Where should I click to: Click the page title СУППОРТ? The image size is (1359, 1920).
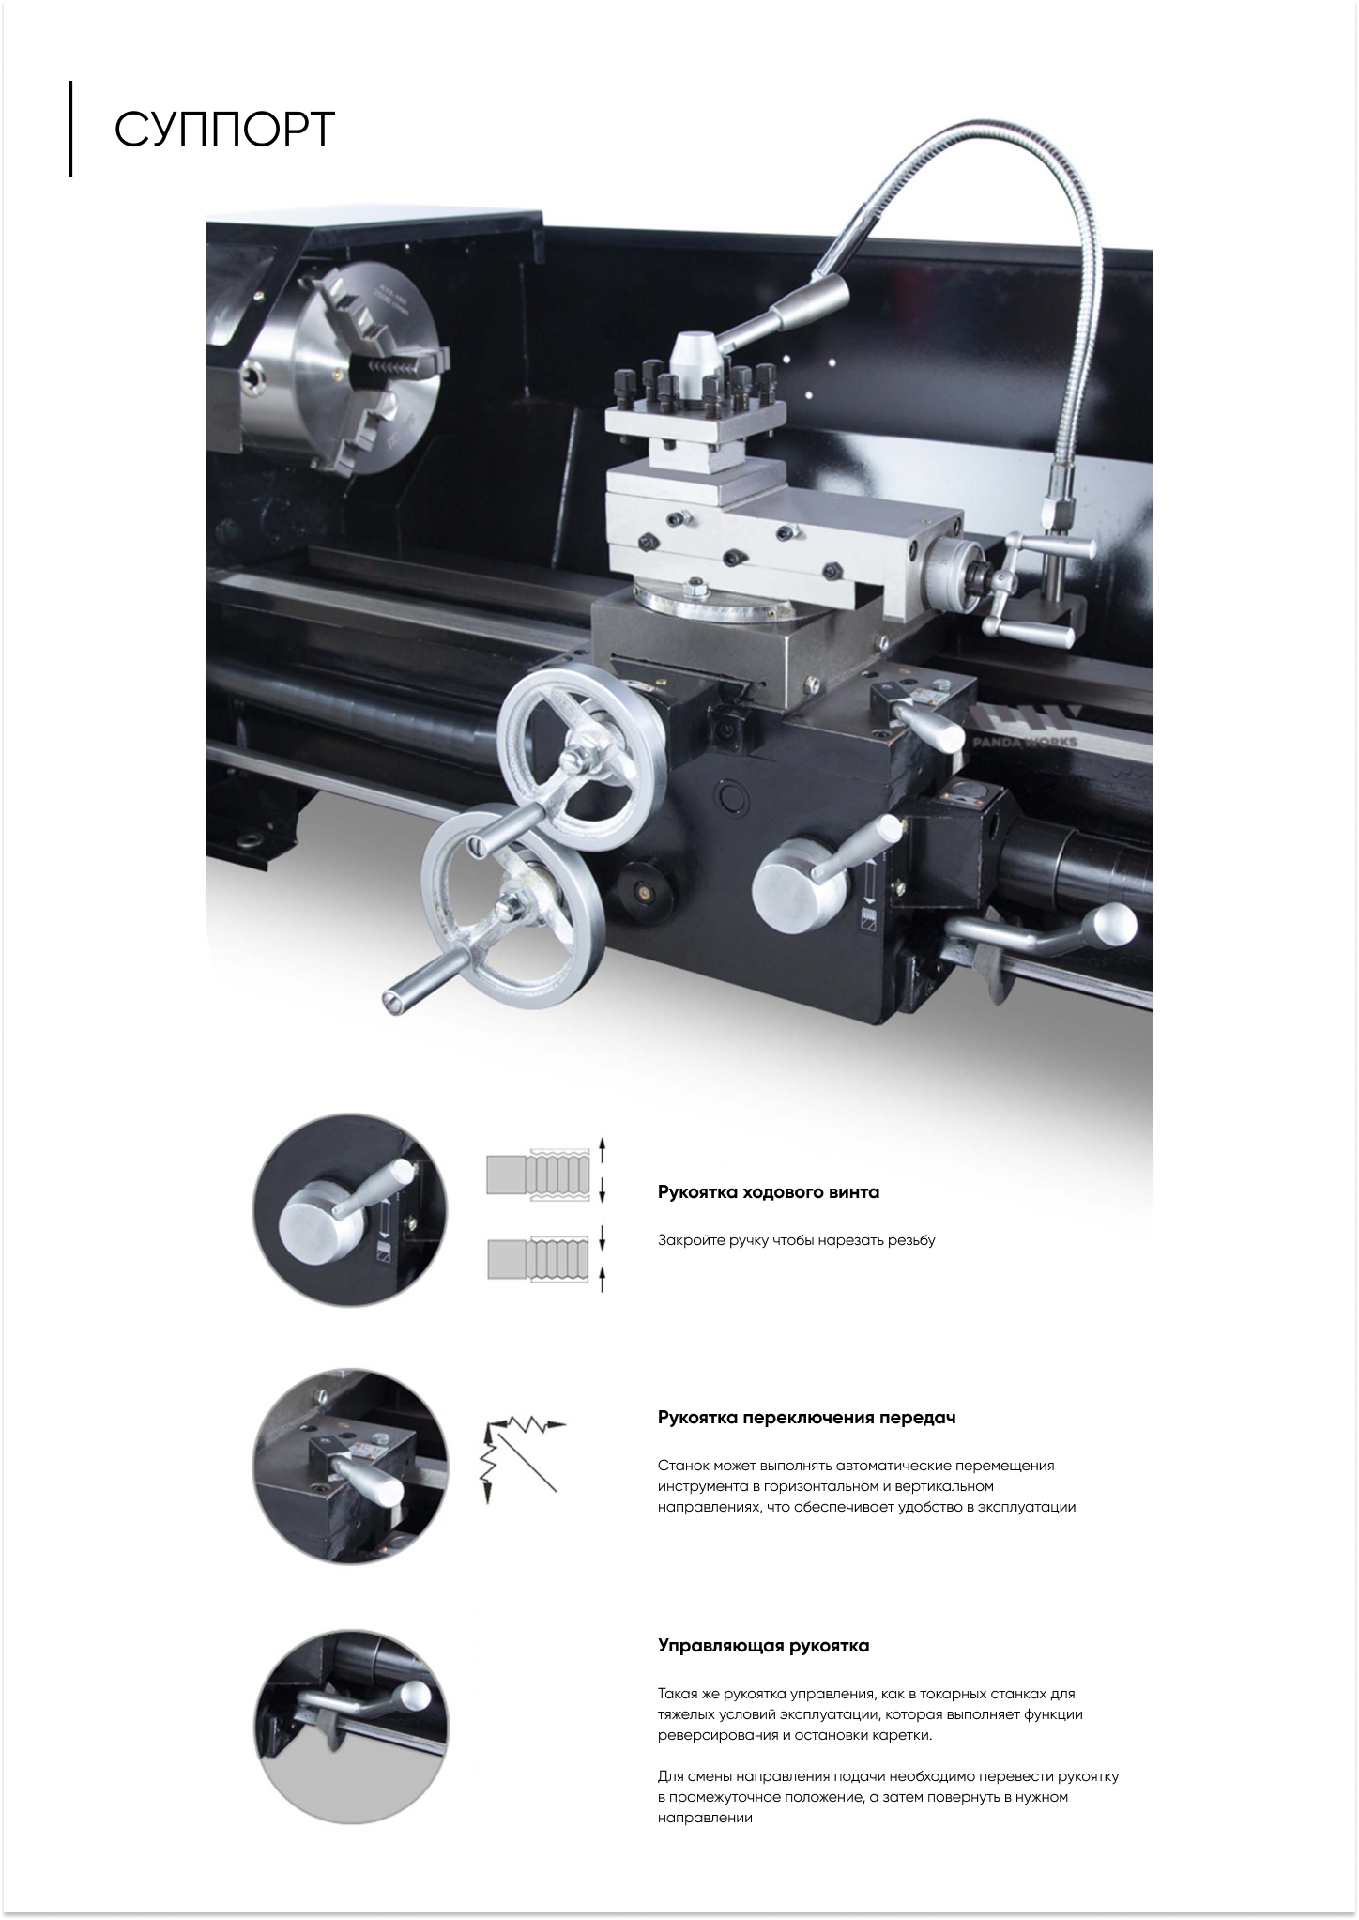pos(224,130)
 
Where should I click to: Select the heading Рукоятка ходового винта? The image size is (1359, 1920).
pos(769,1192)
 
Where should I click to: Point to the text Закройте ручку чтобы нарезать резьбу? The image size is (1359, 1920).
pos(797,1240)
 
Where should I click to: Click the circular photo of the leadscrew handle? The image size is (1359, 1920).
pos(350,1210)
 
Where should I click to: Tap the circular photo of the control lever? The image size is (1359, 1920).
pos(350,1727)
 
